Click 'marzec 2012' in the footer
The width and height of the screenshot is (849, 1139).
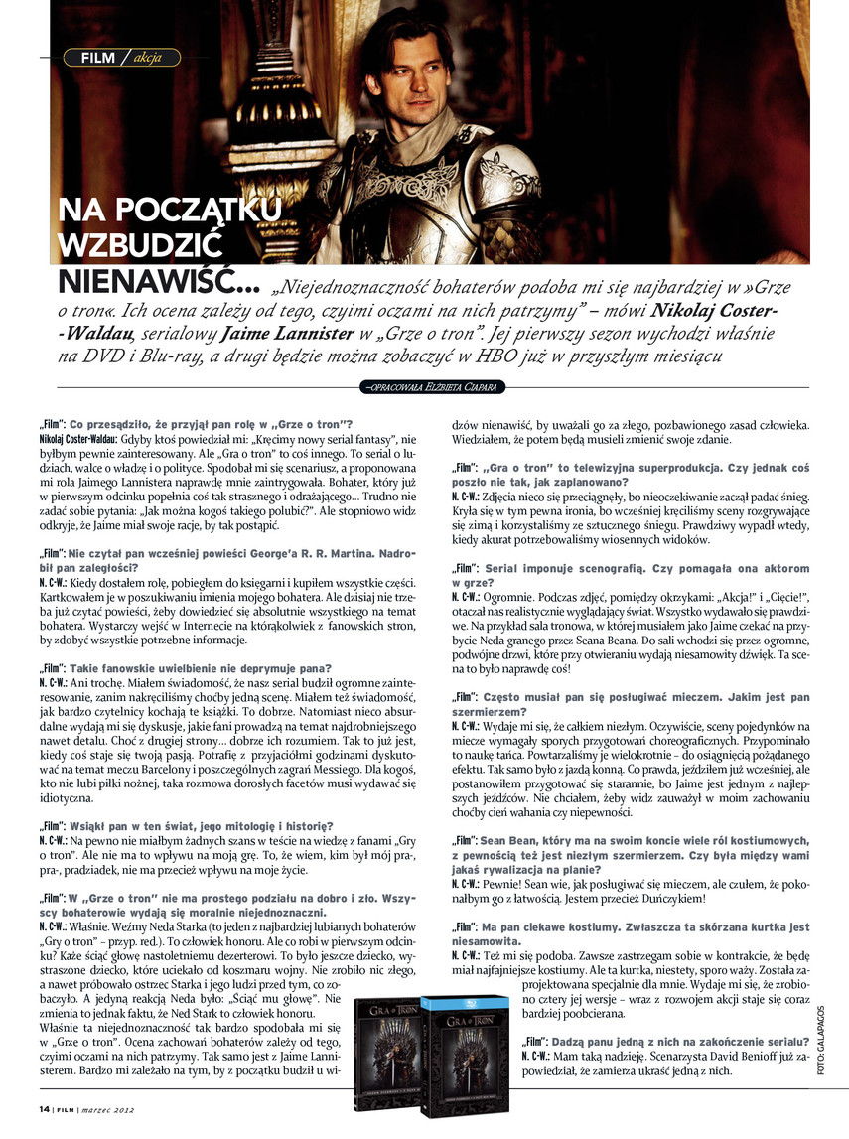pyautogui.click(x=110, y=1109)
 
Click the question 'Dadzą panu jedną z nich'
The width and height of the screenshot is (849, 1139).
pyautogui.click(x=649, y=1041)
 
